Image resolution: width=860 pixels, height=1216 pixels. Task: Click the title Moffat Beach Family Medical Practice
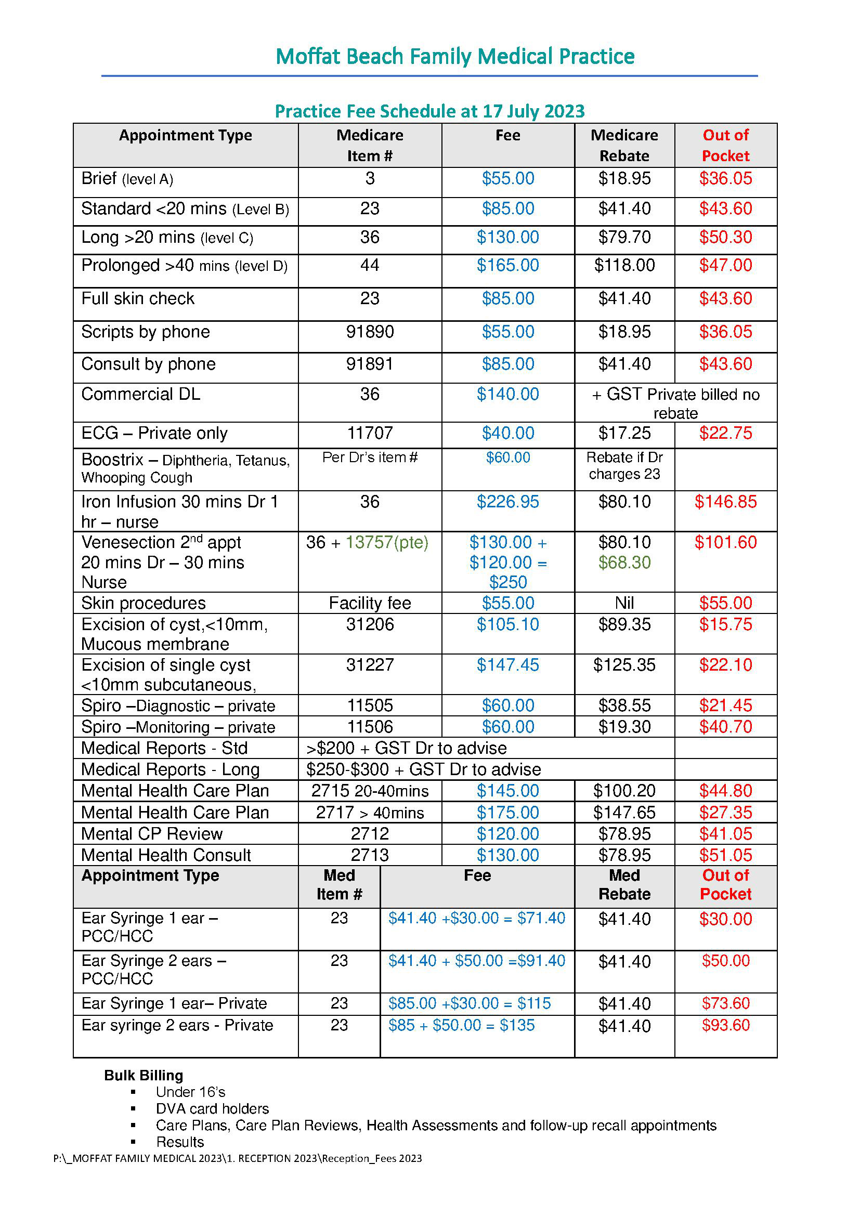[455, 56]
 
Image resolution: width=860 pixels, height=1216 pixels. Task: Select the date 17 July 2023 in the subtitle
[533, 111]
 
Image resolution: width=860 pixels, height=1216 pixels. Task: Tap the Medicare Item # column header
[370, 145]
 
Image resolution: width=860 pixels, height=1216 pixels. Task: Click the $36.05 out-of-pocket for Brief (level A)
[725, 178]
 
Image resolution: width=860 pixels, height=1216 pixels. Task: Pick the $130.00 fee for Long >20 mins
[507, 237]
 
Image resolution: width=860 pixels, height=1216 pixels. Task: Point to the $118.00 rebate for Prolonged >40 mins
[624, 265]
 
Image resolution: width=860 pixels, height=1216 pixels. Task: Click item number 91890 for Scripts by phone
[370, 332]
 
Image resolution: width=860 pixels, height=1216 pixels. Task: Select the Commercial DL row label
[141, 394]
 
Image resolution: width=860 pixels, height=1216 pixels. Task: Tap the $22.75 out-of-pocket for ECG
[725, 433]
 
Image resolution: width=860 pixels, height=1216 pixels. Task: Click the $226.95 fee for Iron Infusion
[507, 502]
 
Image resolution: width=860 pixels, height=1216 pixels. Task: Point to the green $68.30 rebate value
[624, 563]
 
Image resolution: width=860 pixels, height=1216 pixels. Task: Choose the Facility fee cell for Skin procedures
[370, 603]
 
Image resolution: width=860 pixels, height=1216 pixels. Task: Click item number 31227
[370, 665]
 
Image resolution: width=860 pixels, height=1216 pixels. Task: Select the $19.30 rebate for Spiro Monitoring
[624, 727]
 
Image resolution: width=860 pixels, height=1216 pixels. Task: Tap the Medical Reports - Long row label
[170, 769]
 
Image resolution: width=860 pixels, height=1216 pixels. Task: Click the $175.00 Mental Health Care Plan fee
[507, 813]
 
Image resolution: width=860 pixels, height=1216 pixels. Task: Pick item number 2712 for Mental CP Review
[370, 833]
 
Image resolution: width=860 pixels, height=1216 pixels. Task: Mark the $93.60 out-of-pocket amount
[725, 1025]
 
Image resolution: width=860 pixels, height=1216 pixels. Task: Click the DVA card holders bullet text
[212, 1108]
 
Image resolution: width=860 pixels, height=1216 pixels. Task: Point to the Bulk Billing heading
[144, 1075]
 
